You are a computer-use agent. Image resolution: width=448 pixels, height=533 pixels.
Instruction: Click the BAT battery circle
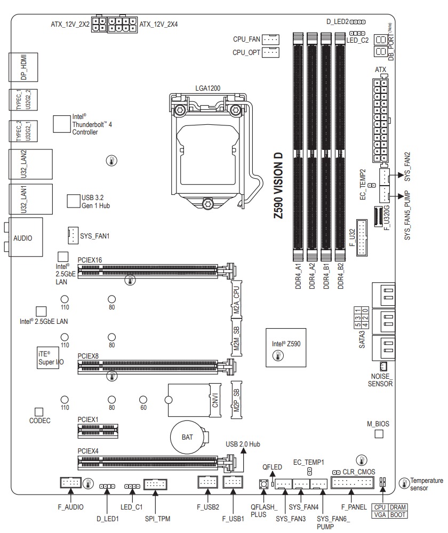pyautogui.click(x=187, y=437)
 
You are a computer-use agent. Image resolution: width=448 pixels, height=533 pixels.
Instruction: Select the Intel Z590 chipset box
pyautogui.click(x=286, y=348)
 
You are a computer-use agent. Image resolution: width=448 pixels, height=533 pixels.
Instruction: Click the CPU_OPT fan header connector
pyautogui.click(x=271, y=52)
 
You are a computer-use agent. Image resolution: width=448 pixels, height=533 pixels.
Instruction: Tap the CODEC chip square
pyautogui.click(x=38, y=412)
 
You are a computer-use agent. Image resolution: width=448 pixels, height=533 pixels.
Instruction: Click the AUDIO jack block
pyautogui.click(x=22, y=238)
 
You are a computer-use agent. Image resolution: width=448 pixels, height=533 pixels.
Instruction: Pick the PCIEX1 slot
pyautogui.click(x=96, y=428)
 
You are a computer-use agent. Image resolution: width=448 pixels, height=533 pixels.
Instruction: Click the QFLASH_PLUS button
pyautogui.click(x=263, y=484)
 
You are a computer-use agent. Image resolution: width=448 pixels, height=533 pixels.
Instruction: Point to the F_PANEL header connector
pyautogui.click(x=353, y=483)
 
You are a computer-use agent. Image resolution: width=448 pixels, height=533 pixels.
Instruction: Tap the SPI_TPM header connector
pyautogui.click(x=156, y=484)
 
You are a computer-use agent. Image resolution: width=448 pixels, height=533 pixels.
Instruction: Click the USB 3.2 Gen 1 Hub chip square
pyautogui.click(x=73, y=201)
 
